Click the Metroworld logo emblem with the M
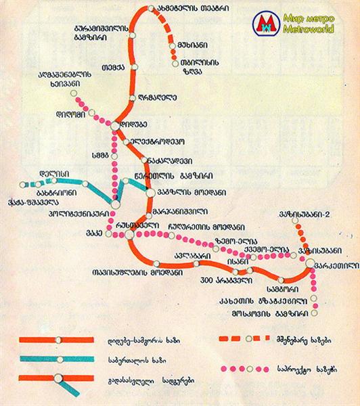(x=264, y=25)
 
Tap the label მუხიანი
(x=188, y=46)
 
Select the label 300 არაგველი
(x=217, y=280)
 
